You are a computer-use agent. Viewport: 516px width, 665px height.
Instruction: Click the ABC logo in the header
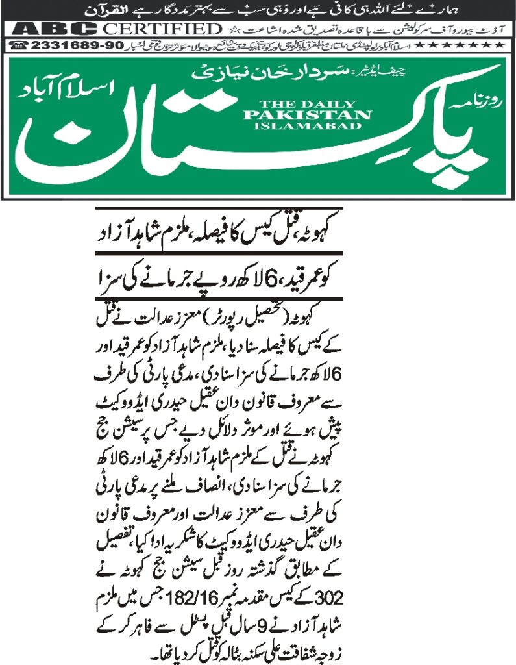pos(55,29)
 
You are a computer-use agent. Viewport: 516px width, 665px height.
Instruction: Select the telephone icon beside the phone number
pos(19,45)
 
